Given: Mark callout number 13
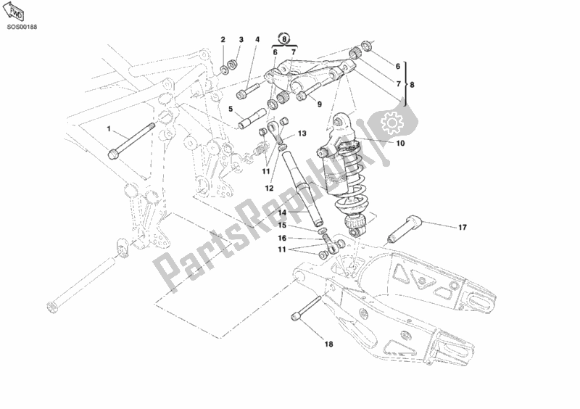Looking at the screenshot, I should pos(302,134).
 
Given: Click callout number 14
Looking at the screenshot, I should pos(283,212).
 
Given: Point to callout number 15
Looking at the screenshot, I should pos(283,226).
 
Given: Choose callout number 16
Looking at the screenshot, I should pos(283,237).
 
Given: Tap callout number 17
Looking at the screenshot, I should pos(461,228).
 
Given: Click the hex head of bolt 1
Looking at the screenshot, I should pos(115,154).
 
